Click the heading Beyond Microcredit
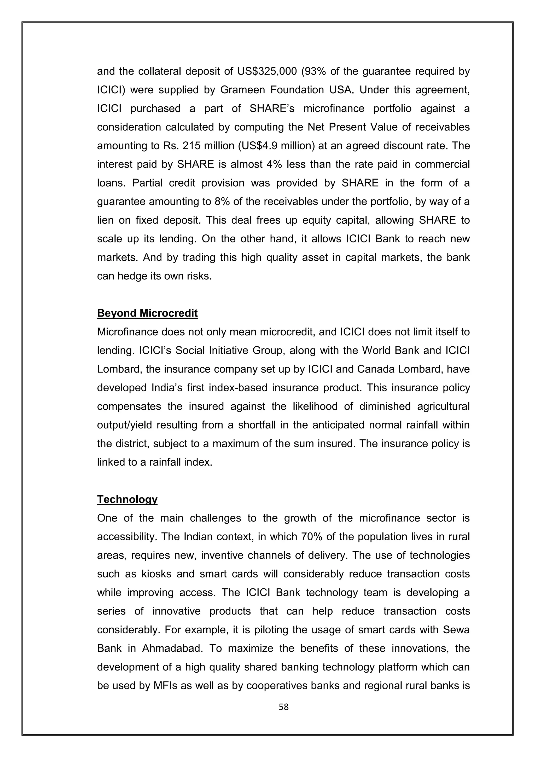(147, 313)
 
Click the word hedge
(134, 276)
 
